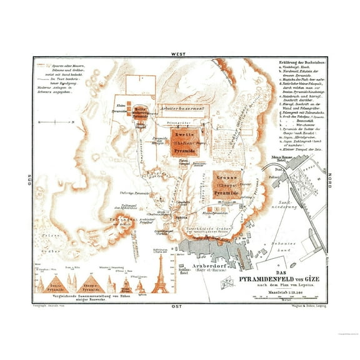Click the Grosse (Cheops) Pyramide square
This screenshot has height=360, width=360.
(225, 186)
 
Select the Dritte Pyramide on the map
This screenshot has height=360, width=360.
(139, 113)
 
